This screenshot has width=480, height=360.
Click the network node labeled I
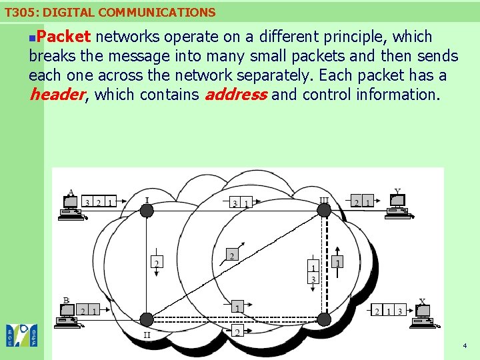[x=147, y=211]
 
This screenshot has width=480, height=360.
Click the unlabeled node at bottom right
[x=324, y=318]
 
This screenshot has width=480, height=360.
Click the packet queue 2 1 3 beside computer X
[x=388, y=311]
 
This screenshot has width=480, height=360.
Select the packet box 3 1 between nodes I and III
[x=241, y=203]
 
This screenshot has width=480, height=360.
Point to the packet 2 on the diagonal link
[x=231, y=255]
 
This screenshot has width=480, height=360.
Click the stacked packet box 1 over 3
[x=313, y=273]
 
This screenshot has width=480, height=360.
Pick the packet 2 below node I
[x=157, y=263]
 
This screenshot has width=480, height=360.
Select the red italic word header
[x=57, y=95]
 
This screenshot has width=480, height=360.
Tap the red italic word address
[x=236, y=95]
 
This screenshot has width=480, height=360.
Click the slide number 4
[x=465, y=346]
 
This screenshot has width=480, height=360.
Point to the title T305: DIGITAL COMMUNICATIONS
[x=110, y=12]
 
